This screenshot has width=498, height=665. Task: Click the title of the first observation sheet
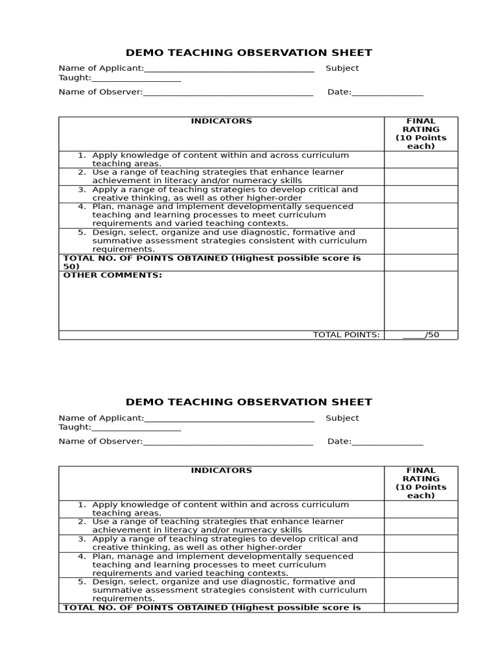pyautogui.click(x=248, y=53)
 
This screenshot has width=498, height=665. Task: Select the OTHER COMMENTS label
pyautogui.click(x=112, y=275)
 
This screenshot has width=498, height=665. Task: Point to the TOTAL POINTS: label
pyautogui.click(x=346, y=335)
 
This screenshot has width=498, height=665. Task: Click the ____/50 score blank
pyautogui.click(x=421, y=335)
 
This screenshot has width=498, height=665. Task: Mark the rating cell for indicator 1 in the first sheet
pyautogui.click(x=421, y=159)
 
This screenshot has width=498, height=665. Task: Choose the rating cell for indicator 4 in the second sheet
pyautogui.click(x=421, y=564)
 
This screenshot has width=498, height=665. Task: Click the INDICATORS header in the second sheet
pyautogui.click(x=221, y=470)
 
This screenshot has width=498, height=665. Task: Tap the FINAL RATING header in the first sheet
pyautogui.click(x=421, y=133)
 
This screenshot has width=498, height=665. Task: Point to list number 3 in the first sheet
pyautogui.click(x=82, y=190)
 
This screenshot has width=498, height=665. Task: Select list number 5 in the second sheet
pyautogui.click(x=82, y=582)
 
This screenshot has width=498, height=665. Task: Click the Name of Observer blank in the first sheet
pyautogui.click(x=228, y=92)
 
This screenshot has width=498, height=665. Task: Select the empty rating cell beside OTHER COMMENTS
pyautogui.click(x=421, y=300)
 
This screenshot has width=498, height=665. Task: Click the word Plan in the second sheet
pyautogui.click(x=102, y=557)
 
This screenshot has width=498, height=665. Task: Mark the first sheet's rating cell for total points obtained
pyautogui.click(x=421, y=262)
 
